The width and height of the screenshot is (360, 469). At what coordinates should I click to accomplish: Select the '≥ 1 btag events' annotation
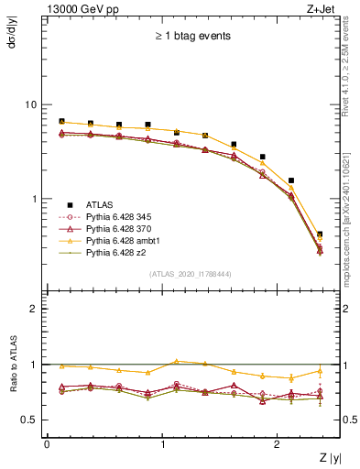point(192,37)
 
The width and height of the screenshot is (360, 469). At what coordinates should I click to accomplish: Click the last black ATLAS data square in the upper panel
point(320,234)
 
